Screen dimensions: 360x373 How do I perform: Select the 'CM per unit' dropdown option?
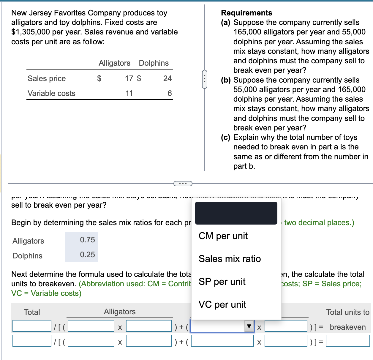point(223,236)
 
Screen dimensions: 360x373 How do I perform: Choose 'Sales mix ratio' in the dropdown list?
point(230,259)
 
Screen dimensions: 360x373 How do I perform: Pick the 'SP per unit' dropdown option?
point(222,282)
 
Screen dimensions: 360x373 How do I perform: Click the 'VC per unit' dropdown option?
point(222,304)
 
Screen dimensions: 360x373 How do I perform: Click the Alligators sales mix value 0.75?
point(87,240)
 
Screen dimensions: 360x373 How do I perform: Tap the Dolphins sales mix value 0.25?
point(87,255)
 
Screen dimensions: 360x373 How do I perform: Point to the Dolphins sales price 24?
point(167,78)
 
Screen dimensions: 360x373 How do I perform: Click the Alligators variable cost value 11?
point(129,93)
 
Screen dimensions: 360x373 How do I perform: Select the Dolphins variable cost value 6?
point(170,93)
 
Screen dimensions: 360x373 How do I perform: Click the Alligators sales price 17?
point(129,78)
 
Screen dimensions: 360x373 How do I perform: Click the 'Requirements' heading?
point(246,13)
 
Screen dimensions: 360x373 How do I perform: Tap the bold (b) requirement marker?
point(226,80)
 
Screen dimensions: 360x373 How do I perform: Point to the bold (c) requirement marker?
point(226,138)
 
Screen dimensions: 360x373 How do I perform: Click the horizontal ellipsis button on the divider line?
point(183,184)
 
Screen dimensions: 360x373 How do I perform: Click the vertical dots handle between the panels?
point(205,79)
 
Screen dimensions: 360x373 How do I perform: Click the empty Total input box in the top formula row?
point(32,326)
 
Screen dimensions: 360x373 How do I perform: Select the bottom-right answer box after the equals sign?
point(348,341)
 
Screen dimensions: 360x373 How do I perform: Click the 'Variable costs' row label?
point(51,93)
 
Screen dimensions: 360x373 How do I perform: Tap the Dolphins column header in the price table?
point(154,63)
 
